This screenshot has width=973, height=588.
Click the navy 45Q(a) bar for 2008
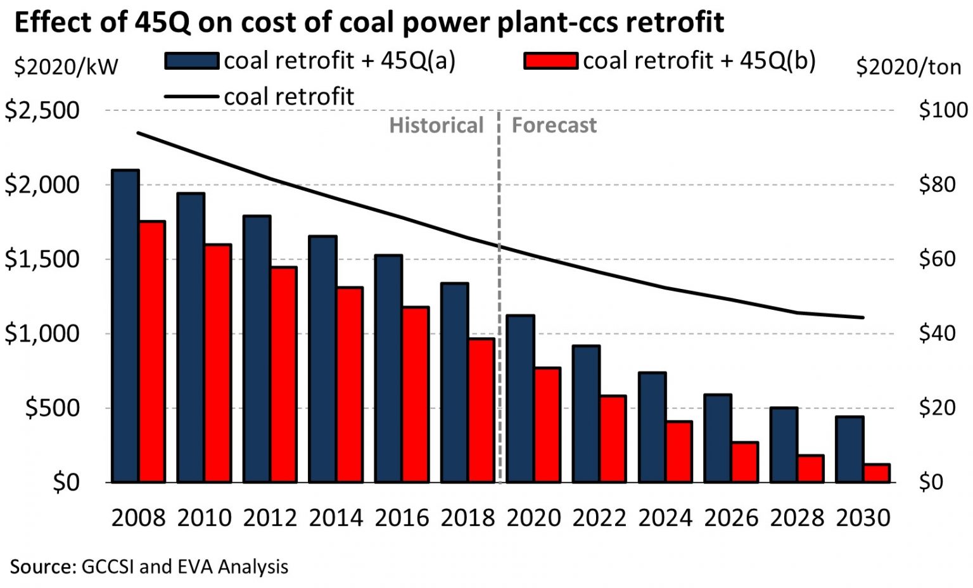tap(125, 326)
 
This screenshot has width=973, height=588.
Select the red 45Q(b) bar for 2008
tap(152, 352)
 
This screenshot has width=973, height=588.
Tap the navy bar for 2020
tap(521, 399)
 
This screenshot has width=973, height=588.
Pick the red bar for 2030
tap(877, 473)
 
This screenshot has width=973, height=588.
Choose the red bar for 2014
tap(350, 385)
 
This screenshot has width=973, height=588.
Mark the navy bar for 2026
tap(718, 438)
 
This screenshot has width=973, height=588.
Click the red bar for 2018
tap(481, 410)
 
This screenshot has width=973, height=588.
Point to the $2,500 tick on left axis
tap(42, 110)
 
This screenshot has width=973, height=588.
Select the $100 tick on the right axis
tap(943, 110)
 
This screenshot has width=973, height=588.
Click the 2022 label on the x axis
tap(599, 518)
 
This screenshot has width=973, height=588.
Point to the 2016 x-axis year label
tap(402, 518)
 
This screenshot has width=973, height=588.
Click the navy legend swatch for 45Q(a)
tap(192, 61)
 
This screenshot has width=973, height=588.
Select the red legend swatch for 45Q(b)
tap(550, 61)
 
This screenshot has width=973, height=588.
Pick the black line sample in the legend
tap(192, 97)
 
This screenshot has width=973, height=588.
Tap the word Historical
tap(436, 125)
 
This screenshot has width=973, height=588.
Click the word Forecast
tap(554, 125)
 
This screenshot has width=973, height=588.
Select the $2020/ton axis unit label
tap(908, 67)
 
